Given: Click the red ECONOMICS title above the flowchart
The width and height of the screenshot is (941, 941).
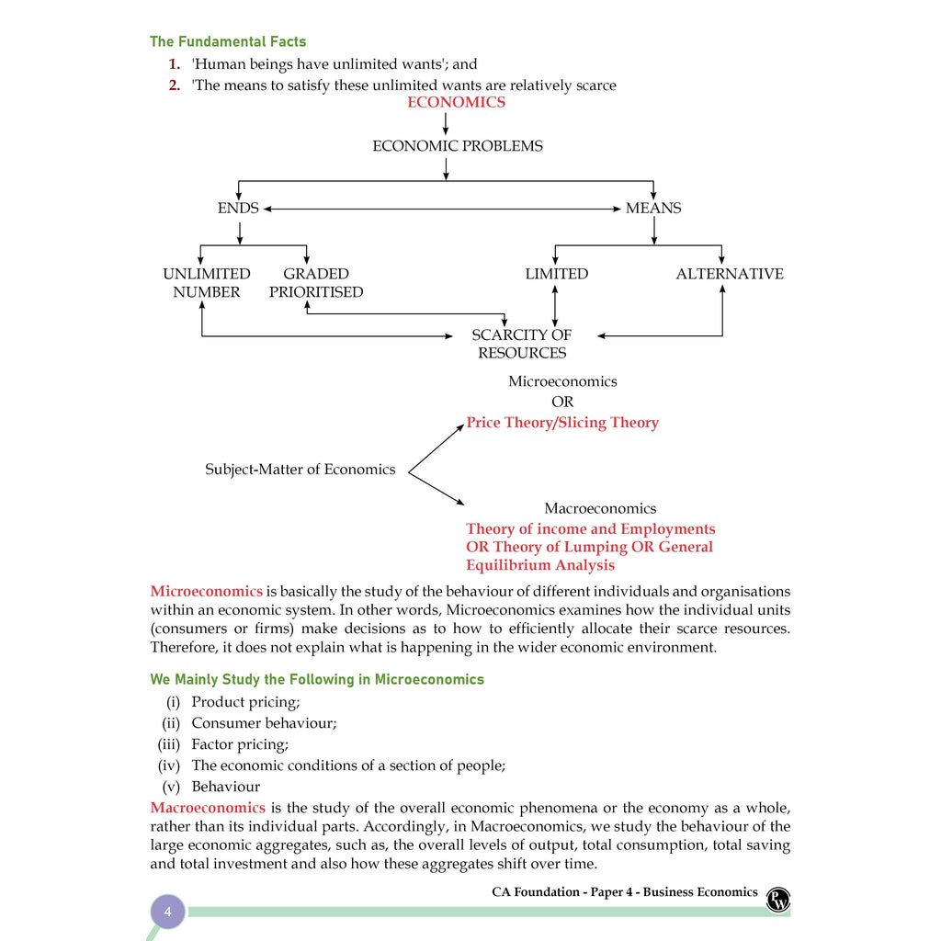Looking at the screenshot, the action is [x=456, y=102].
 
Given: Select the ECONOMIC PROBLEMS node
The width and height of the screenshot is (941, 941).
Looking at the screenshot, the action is [x=458, y=146].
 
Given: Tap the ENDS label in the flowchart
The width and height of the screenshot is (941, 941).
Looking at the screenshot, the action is [x=238, y=209].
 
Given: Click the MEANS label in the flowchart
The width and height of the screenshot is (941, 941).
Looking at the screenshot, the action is [x=653, y=209].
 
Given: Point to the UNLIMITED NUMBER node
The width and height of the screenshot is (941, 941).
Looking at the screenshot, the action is [x=207, y=283].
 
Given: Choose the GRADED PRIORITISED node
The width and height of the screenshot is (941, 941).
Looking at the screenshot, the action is [x=316, y=283].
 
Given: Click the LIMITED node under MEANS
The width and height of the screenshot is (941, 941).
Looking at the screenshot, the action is [x=556, y=274].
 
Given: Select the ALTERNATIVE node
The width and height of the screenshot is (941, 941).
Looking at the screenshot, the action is [x=730, y=274].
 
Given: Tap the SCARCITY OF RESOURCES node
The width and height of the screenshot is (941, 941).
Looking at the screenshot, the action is [x=522, y=344].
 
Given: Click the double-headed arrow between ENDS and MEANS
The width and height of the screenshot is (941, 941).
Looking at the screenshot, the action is [x=442, y=209].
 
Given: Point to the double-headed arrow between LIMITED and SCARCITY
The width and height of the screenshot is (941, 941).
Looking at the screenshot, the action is [x=554, y=306].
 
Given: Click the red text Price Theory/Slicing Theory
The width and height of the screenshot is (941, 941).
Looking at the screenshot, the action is [x=562, y=423].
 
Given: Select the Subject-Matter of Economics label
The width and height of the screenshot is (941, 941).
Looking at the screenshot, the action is [x=300, y=470].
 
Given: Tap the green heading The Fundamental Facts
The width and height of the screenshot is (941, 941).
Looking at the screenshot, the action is [x=228, y=41].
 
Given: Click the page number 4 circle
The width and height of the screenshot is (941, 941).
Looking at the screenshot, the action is [x=167, y=912].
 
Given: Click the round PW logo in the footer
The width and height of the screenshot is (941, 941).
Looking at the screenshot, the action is [x=777, y=900].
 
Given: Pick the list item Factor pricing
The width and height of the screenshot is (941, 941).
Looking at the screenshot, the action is [x=240, y=744].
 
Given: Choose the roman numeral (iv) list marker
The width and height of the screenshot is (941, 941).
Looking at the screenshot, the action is [x=169, y=765].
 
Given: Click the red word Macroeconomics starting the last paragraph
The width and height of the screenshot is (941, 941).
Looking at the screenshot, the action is [x=208, y=808].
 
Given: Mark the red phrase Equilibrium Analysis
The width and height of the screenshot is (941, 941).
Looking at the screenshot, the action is [x=540, y=565].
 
